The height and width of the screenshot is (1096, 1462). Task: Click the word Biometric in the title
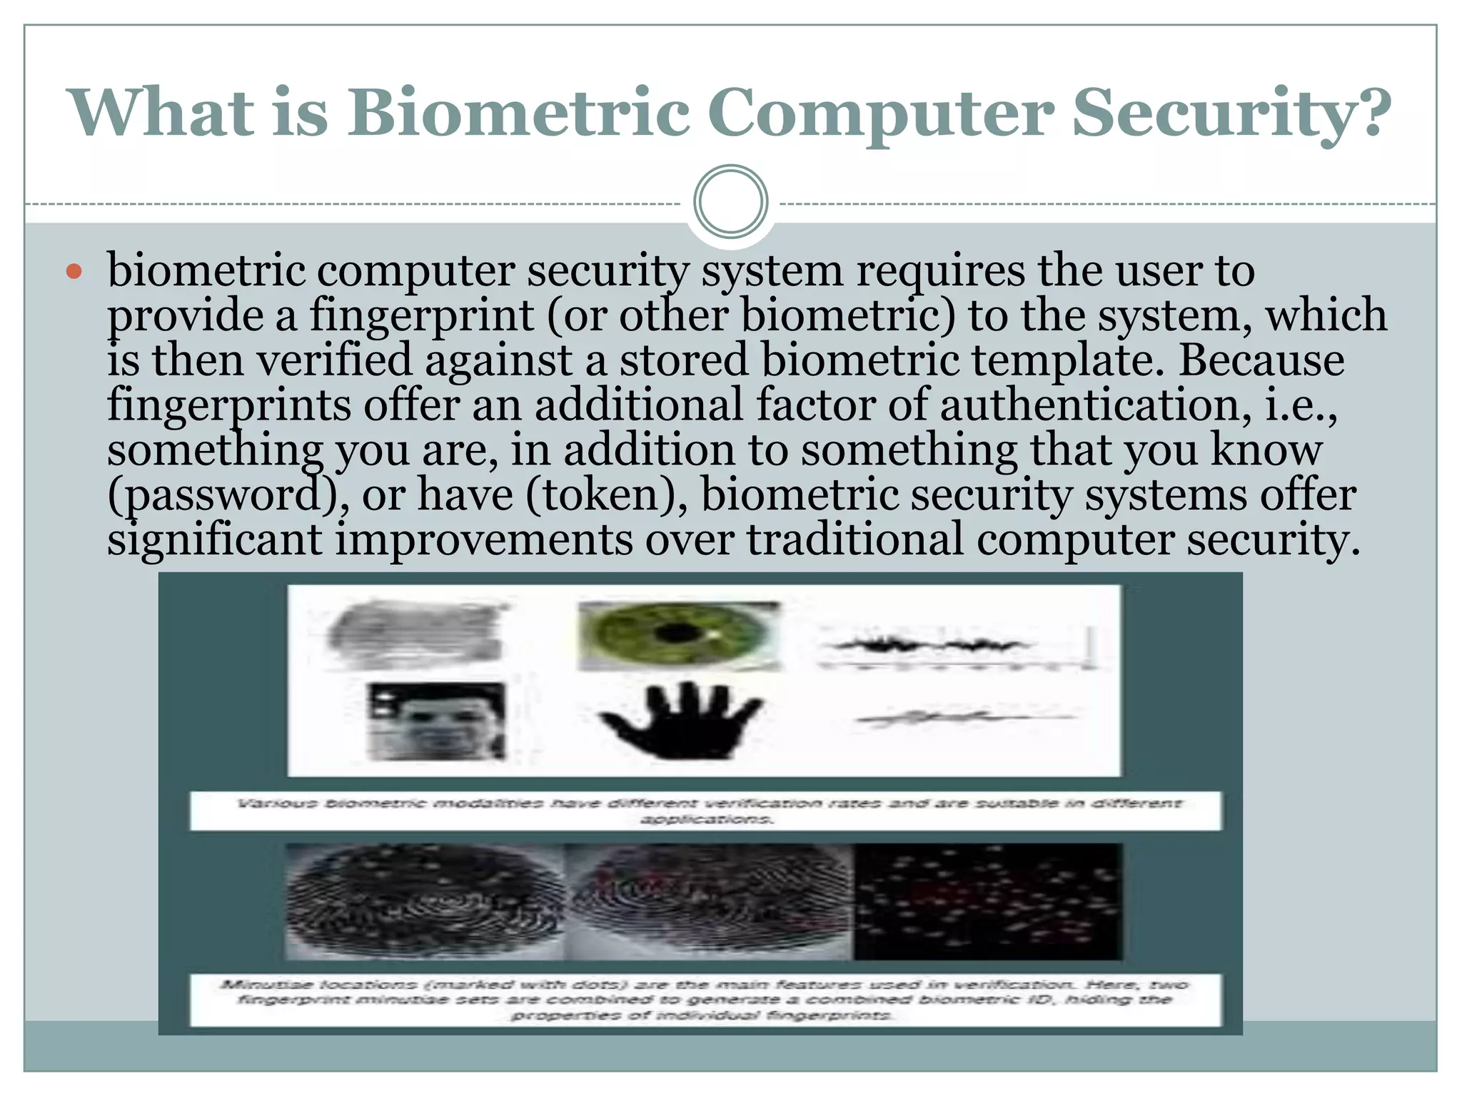[x=519, y=113]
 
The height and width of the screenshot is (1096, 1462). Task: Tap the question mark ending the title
[x=1369, y=113]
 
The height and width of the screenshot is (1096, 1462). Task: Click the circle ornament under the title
[x=730, y=201]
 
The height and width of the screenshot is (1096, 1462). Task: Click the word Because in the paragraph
[x=1261, y=360]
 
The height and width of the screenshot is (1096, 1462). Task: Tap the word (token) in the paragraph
[x=607, y=495]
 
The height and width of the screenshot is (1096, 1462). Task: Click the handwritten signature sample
[x=964, y=717]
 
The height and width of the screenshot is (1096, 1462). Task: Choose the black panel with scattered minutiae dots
[x=988, y=902]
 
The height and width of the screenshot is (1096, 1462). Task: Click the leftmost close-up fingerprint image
[x=425, y=902]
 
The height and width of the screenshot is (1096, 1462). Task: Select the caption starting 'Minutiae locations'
[x=705, y=1000]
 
